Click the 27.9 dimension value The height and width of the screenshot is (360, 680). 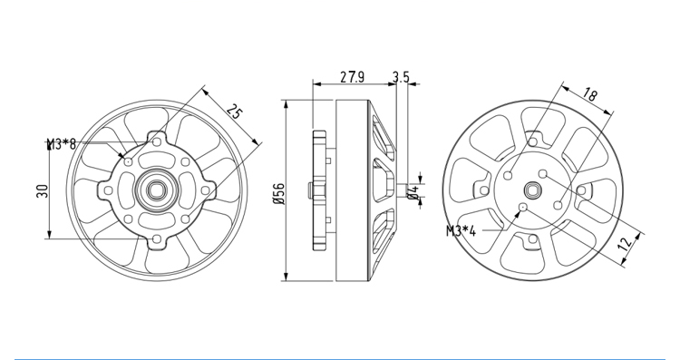(352, 77)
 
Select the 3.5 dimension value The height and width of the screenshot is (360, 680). (401, 77)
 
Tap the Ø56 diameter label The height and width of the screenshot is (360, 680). (279, 193)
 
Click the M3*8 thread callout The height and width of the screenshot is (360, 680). (62, 143)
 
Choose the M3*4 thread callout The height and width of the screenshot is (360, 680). (461, 231)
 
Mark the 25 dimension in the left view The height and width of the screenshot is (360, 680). (234, 112)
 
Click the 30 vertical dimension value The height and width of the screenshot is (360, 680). (42, 191)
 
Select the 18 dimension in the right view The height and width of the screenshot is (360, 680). (590, 94)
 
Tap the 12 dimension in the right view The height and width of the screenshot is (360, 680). (625, 244)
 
